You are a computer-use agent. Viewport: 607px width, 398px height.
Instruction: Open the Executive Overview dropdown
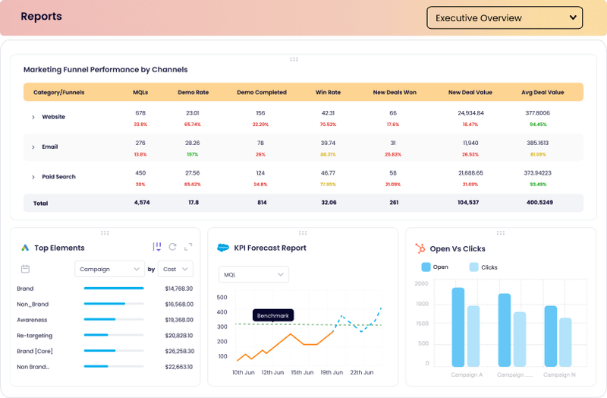click(505, 17)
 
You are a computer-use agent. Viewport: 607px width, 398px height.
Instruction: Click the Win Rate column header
click(328, 93)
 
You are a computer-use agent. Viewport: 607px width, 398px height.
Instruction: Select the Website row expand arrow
click(33, 117)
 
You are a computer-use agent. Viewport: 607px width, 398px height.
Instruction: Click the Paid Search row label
click(58, 177)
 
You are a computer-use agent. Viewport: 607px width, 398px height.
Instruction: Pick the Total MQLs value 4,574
click(141, 203)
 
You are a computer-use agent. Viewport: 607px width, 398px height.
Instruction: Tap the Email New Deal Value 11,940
click(470, 143)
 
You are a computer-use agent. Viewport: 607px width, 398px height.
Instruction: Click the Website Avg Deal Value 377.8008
click(538, 113)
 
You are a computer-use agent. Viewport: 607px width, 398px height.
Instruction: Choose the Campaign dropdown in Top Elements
click(110, 269)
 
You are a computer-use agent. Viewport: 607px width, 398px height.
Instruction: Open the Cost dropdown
click(176, 269)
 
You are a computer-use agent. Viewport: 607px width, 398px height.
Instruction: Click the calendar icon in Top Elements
click(25, 269)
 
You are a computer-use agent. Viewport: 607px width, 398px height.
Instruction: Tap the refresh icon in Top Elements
click(173, 247)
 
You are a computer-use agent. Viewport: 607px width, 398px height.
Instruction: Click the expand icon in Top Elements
click(188, 247)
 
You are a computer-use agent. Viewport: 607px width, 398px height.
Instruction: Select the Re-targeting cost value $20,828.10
click(178, 336)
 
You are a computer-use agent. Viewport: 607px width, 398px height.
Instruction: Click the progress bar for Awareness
click(114, 320)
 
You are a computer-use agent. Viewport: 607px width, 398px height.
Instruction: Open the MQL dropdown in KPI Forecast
click(253, 274)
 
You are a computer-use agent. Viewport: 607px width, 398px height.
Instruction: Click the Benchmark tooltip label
click(272, 314)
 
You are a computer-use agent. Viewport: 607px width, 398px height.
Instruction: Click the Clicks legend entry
click(483, 267)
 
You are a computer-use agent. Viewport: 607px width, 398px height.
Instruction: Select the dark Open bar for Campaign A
click(458, 327)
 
